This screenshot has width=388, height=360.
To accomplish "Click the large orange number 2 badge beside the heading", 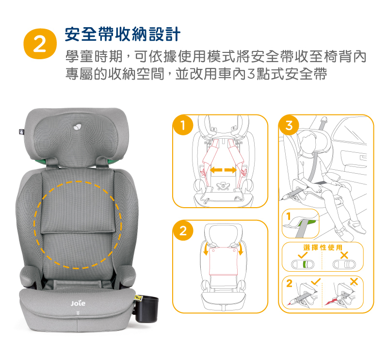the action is coord(40,44).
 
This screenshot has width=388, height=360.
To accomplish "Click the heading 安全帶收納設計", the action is coord(123,34).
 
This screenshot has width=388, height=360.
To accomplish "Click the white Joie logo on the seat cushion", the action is coord(78,303).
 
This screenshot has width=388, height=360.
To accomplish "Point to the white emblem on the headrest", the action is coord(78,127).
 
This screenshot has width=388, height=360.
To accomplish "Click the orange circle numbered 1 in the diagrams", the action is coord(183,125).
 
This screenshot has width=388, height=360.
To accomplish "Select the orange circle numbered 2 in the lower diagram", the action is coord(183,231).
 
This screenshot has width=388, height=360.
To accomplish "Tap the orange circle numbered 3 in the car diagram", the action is coord(289,125).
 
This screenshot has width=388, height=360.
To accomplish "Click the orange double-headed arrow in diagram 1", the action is coord(223,170).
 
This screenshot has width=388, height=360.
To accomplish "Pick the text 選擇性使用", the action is coord(323,247).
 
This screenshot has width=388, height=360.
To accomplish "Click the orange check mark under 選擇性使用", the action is coord(303,255).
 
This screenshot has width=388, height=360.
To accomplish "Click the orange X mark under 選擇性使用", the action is coord(344,255).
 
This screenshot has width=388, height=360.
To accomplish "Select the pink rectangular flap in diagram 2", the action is coord(223,261).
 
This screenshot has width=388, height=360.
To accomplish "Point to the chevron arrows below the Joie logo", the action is coord(78,313).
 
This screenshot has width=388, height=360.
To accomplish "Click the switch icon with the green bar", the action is coord(303,264).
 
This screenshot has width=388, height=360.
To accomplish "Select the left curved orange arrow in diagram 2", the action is coord(206,248).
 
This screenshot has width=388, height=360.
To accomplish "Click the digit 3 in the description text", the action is coord(251,74).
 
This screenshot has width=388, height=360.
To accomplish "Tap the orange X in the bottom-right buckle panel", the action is coord(354,281).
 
